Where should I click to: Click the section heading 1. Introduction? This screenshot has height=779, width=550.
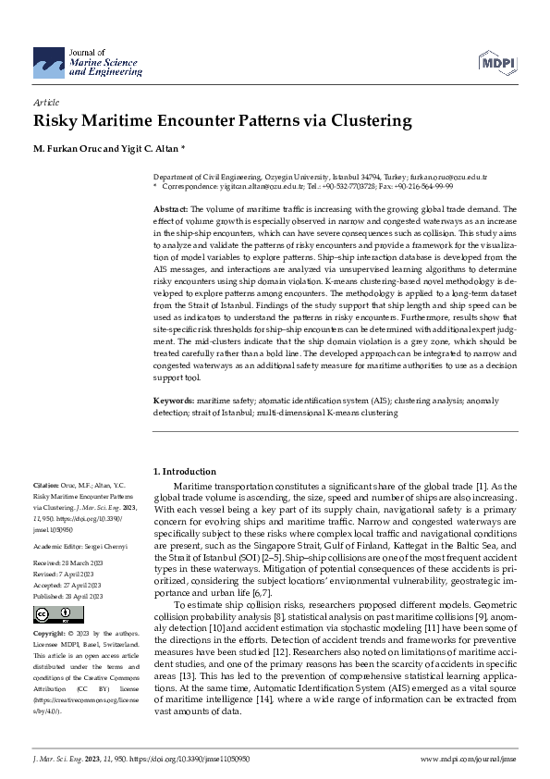tap(185, 471)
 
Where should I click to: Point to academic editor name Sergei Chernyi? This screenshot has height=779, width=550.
tap(101, 546)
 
